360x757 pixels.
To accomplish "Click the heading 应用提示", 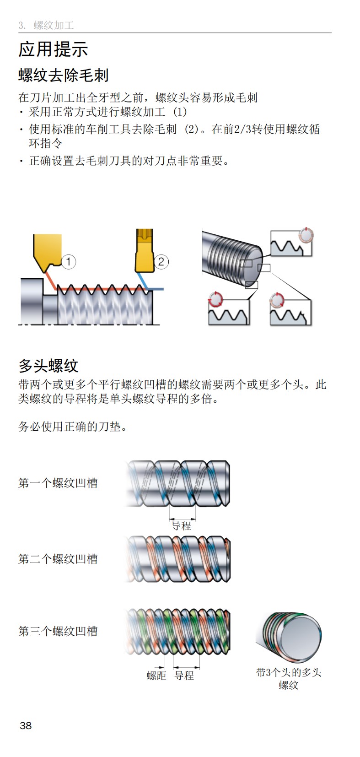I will pos(53,49).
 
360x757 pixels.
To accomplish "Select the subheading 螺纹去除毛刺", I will pos(63,75).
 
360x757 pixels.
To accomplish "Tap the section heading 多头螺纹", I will pos(48,365).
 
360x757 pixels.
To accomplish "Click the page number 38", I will pos(26,725).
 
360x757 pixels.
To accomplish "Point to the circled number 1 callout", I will pos(68,262).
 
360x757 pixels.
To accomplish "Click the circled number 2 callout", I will pos(161,262).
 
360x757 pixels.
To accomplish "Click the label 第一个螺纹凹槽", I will pos(58,483).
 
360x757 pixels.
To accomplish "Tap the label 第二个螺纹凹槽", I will pos(58,559).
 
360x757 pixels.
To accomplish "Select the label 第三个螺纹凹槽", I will pos(58,631).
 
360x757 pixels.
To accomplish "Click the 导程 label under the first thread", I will pos(181,526).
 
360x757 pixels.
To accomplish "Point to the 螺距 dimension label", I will pos(156,676).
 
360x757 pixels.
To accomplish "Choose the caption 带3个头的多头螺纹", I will pos(289,678).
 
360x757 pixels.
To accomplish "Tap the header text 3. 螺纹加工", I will pos(46,25).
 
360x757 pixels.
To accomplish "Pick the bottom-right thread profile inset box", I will pos(290,312).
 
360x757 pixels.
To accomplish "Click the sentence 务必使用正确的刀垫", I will pos(72,427).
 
